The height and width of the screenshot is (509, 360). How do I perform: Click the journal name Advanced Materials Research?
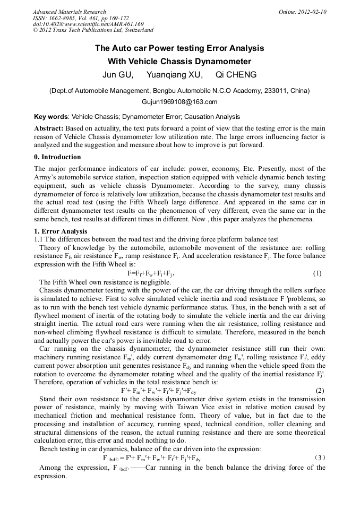click(69, 12)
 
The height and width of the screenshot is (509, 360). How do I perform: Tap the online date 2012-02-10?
click(312, 12)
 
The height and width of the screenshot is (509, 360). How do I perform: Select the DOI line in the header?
click(88, 24)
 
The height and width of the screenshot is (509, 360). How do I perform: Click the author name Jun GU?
click(117, 74)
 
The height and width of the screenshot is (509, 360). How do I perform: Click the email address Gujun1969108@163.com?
click(179, 102)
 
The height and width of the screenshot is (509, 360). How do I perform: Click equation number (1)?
click(318, 273)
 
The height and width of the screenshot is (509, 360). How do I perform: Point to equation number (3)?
click(319, 457)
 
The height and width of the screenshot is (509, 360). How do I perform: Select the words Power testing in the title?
click(160, 48)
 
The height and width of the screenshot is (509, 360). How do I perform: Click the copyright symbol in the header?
click(35, 30)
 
